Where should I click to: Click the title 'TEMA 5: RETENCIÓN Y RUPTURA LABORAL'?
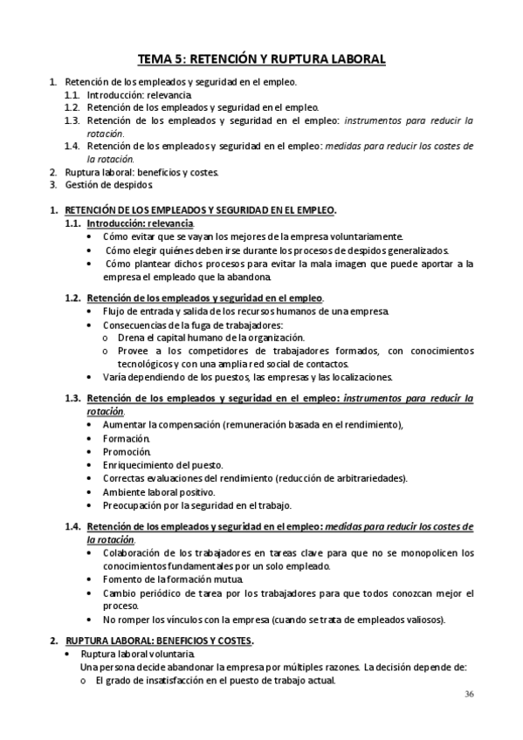point(261,59)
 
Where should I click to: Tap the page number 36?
point(470,694)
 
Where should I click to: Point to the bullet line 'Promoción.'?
point(127,451)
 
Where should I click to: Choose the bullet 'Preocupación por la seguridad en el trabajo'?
point(196,504)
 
